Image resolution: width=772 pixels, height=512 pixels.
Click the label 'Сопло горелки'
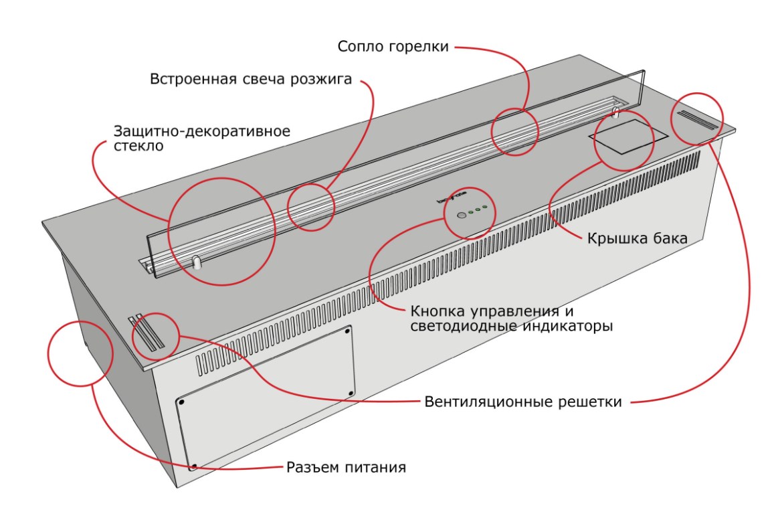point(393,47)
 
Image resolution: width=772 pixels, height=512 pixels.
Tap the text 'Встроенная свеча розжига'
point(251,80)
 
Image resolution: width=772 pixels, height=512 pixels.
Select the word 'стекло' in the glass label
point(138,146)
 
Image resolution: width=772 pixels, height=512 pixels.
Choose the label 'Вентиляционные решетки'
point(523,402)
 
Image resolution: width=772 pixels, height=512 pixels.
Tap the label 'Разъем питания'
point(347,466)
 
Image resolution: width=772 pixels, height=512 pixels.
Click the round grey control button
point(461,216)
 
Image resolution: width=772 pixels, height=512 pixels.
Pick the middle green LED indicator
point(478,211)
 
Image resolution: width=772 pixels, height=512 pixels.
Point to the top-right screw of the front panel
point(349,329)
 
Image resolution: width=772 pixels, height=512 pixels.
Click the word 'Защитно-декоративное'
point(201,131)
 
